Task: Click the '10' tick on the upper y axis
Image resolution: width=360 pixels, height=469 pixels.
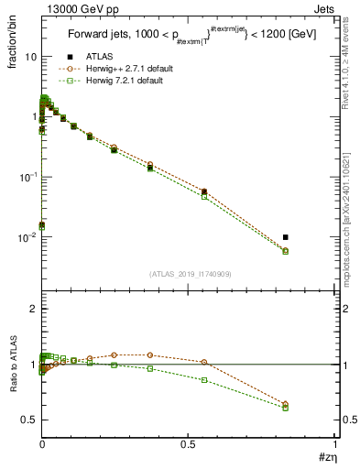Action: pyautogui.click(x=29, y=57)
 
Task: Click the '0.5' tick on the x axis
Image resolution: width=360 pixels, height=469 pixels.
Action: pyautogui.click(x=188, y=445)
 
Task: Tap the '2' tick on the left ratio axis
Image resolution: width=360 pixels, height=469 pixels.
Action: pyautogui.click(x=33, y=310)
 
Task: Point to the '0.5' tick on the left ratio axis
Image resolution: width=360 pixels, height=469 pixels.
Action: pyautogui.click(x=28, y=420)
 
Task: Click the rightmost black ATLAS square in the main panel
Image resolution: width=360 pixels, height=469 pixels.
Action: pyautogui.click(x=286, y=237)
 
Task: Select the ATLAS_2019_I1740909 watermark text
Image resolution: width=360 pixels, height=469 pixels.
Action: pyautogui.click(x=189, y=274)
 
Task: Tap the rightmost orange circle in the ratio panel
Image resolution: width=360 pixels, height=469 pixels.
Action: pyautogui.click(x=286, y=404)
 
